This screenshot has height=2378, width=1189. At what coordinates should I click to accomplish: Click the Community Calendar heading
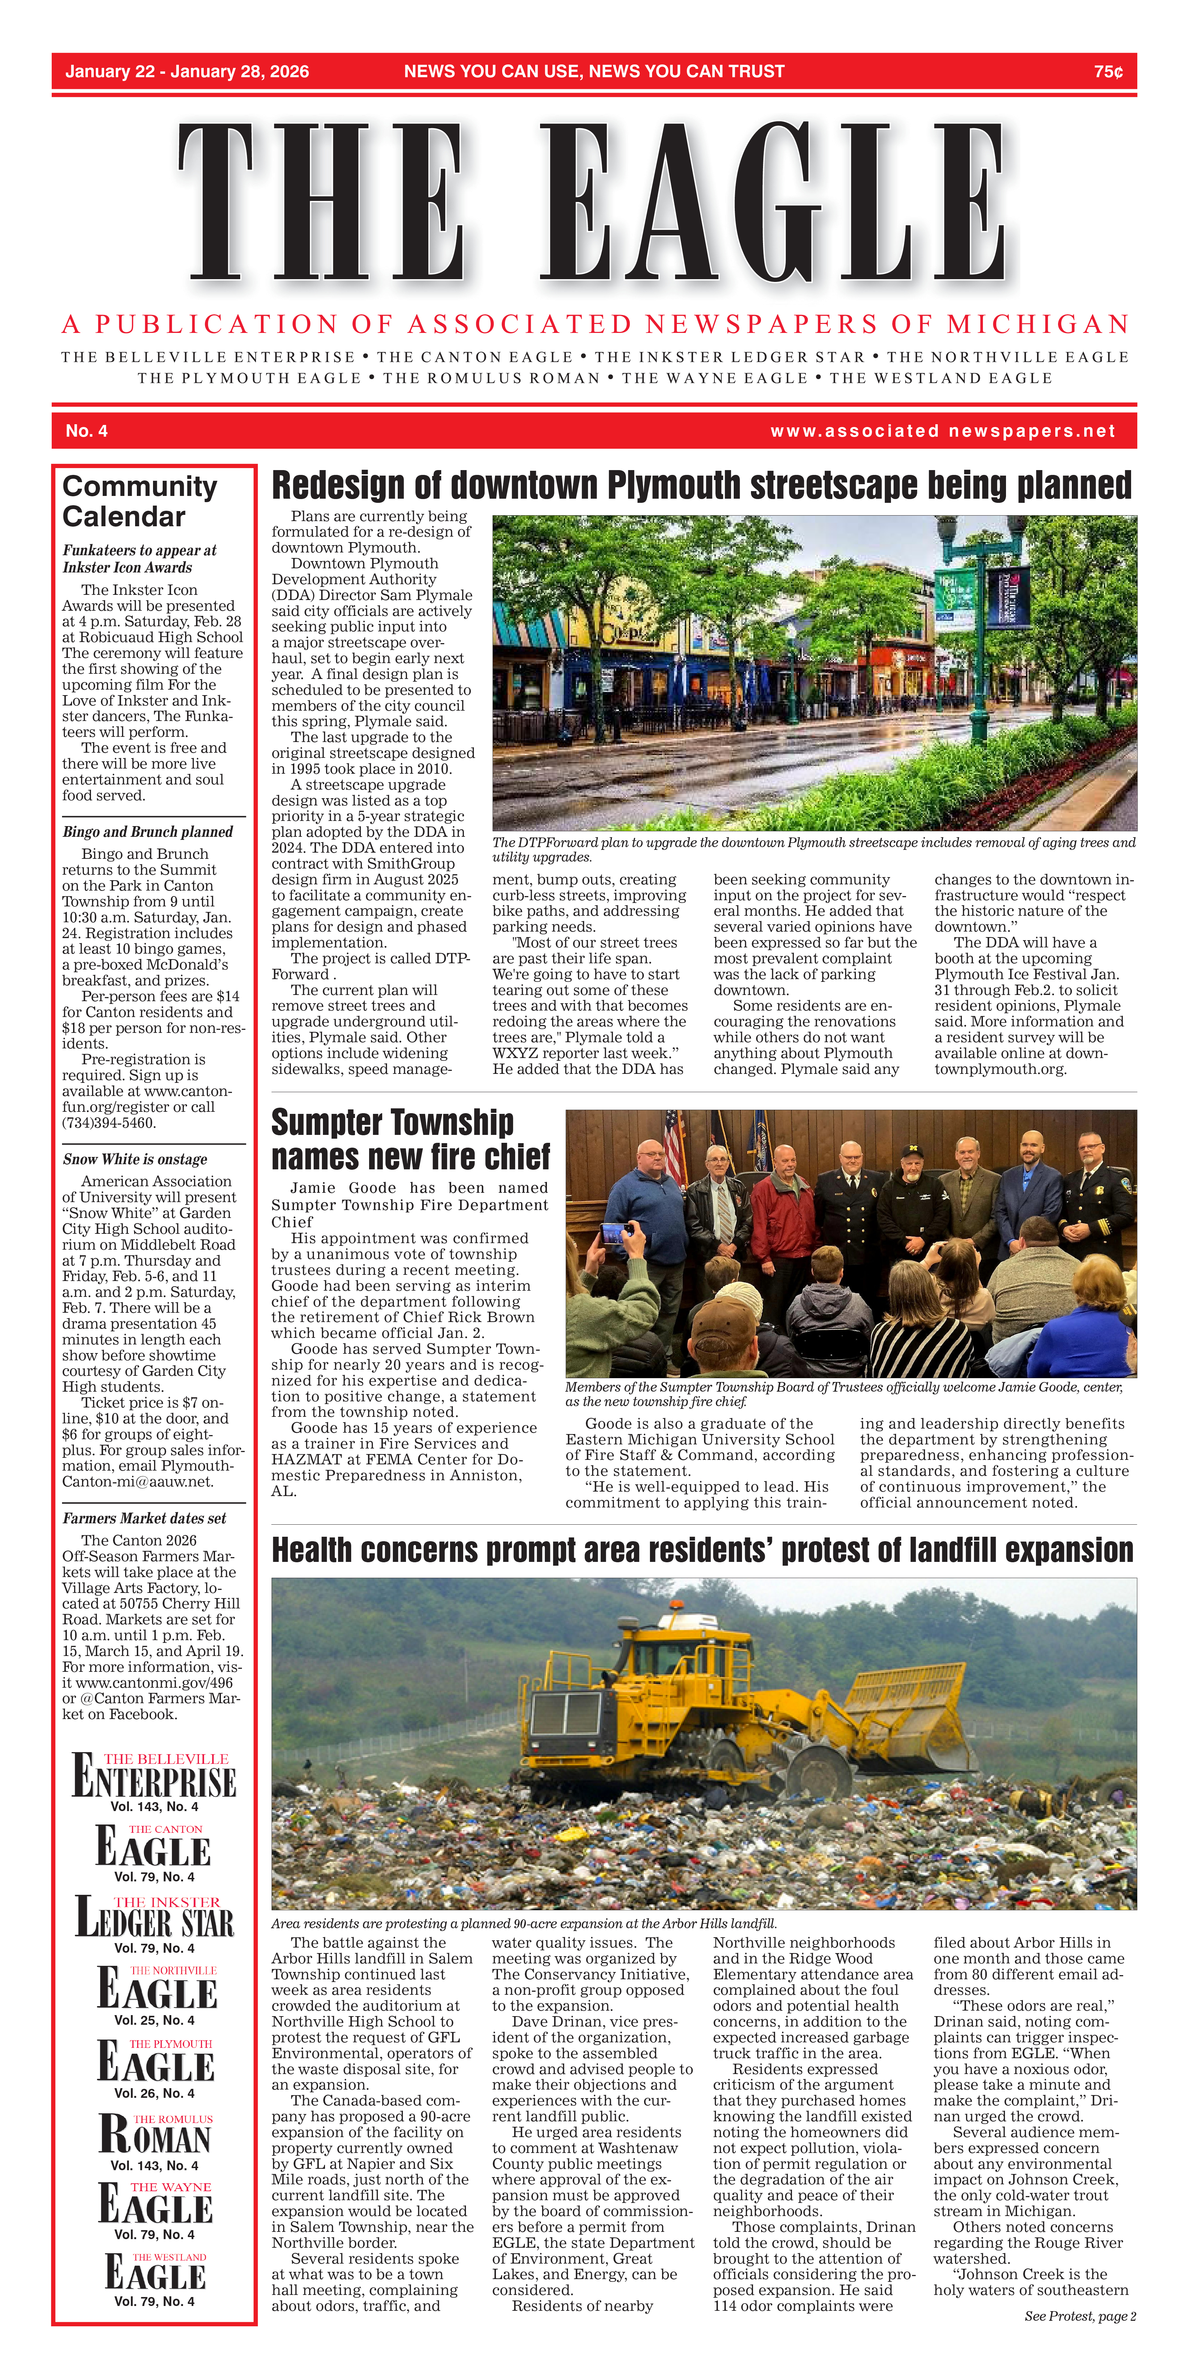(x=139, y=501)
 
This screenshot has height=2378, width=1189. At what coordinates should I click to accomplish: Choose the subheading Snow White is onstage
(x=135, y=1159)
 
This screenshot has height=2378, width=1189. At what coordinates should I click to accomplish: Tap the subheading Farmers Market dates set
(x=144, y=1518)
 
